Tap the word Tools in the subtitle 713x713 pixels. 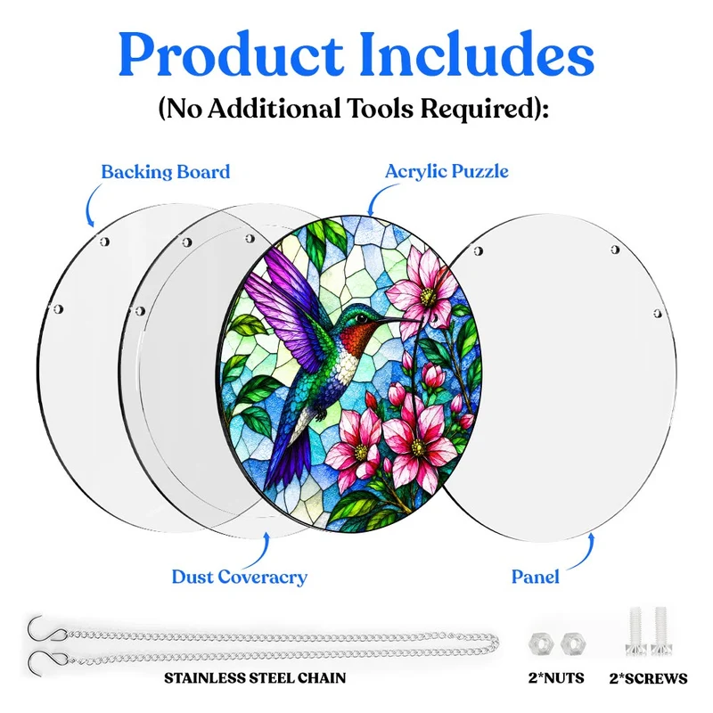click(380, 108)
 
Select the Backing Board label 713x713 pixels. click(166, 172)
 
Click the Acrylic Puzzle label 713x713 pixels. click(447, 171)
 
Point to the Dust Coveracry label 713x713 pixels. click(239, 577)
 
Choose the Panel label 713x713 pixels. click(536, 577)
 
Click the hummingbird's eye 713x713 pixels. click(361, 316)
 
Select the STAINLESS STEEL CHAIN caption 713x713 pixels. click(255, 678)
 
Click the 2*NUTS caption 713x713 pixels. click(556, 678)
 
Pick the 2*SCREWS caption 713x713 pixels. click(649, 678)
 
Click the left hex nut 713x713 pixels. click(541, 643)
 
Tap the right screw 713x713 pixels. click(660, 631)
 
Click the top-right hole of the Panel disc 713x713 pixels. click(615, 250)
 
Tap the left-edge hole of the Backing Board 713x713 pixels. click(58, 309)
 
